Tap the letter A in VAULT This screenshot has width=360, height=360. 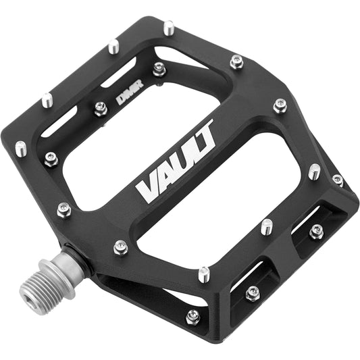[165, 175]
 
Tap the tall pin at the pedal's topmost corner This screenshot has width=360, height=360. [169, 29]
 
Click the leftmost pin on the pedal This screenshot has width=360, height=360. [21, 147]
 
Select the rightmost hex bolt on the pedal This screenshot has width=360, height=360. [337, 180]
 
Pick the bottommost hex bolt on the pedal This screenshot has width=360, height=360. [193, 315]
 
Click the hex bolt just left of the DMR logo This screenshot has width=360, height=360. [101, 107]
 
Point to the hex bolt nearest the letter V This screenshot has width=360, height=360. [121, 247]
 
